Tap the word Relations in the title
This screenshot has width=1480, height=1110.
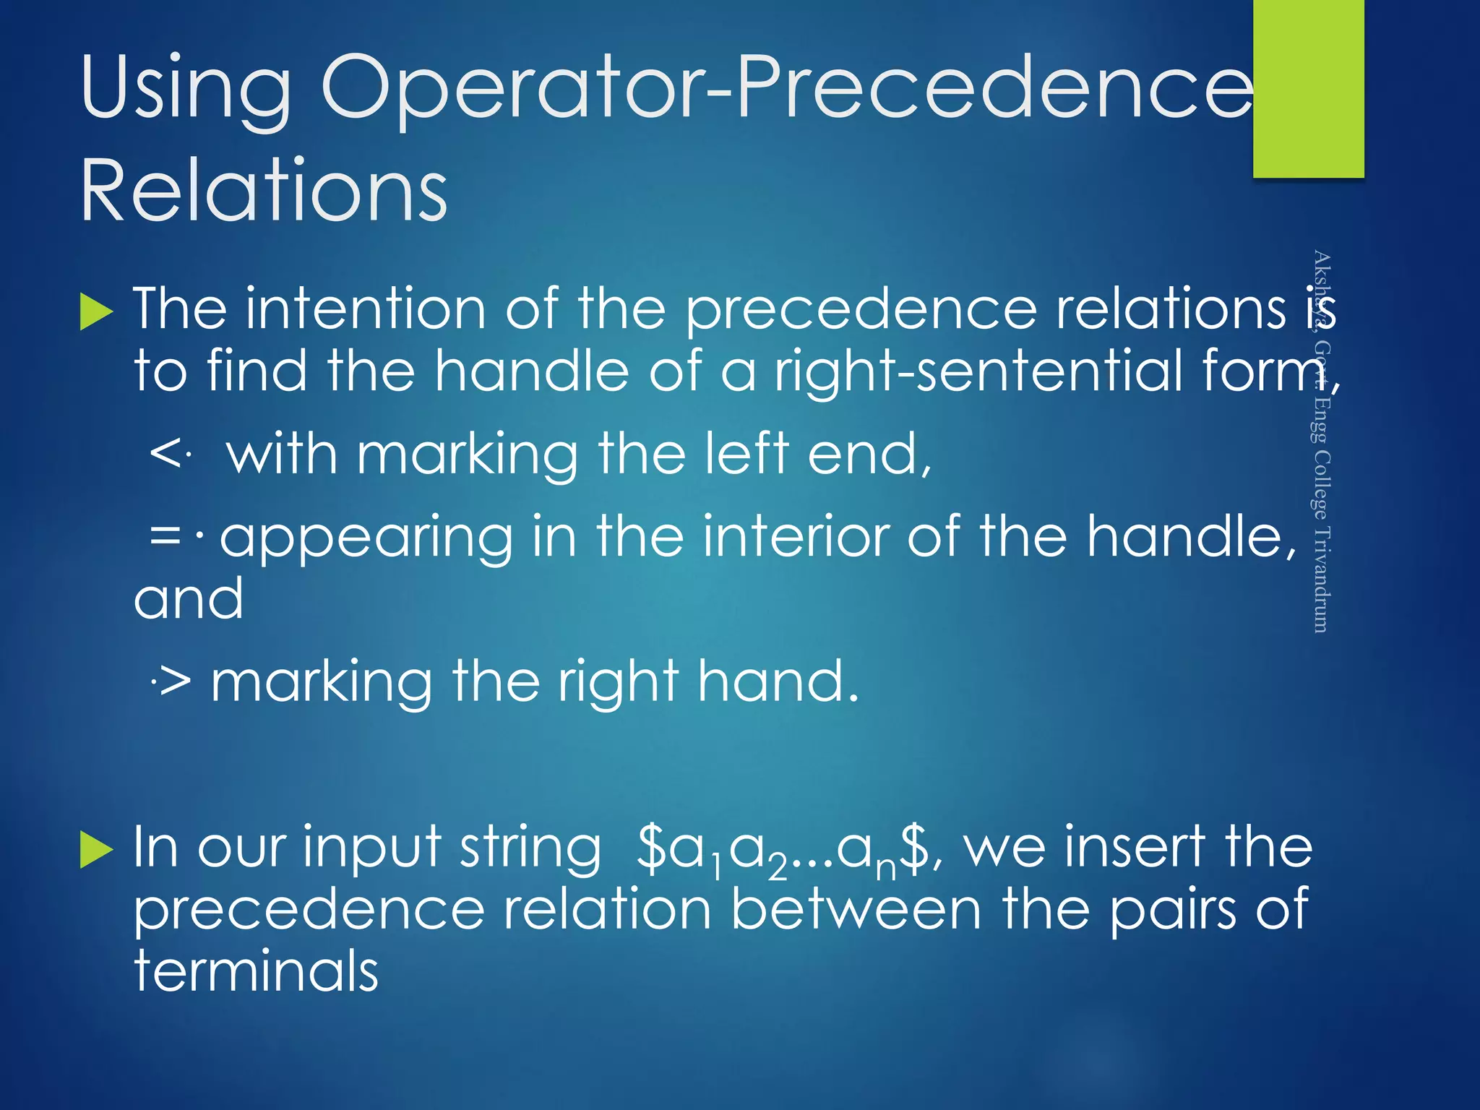[264, 190]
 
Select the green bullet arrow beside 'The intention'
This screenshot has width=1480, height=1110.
[96, 312]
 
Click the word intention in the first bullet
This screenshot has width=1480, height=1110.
[365, 309]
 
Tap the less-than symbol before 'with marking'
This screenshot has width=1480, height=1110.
[165, 455]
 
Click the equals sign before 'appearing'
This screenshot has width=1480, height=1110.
[165, 535]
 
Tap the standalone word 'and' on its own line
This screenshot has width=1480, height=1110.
[189, 599]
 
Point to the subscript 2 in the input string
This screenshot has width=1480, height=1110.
[778, 868]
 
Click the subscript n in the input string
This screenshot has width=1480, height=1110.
[886, 868]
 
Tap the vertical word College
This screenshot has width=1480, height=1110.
[1320, 484]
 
